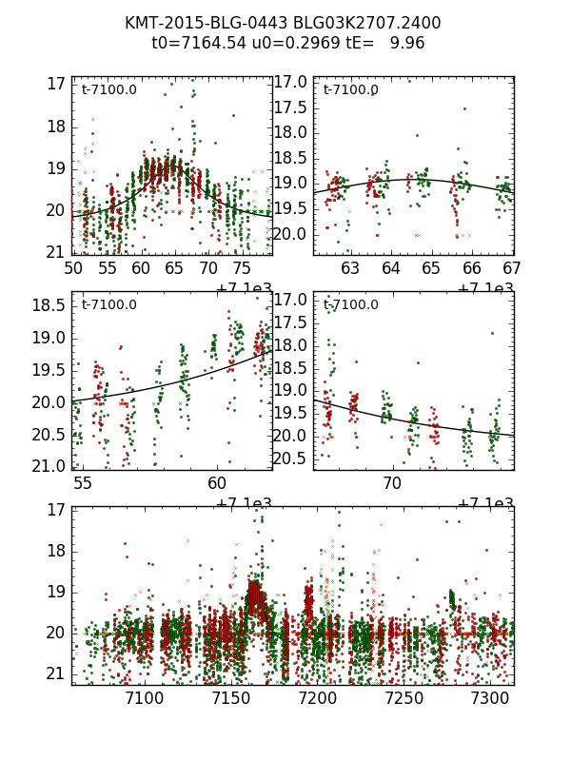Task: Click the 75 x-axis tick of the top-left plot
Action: (242, 269)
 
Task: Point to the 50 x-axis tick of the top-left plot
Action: (72, 269)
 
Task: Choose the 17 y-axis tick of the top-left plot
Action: (56, 84)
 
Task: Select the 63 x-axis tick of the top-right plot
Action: (350, 269)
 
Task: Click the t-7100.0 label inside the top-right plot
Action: (350, 90)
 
